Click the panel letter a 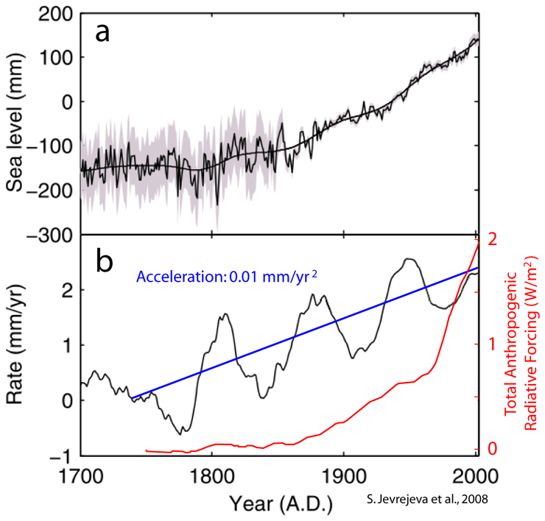[x=102, y=33]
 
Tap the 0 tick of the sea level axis [x=64, y=102]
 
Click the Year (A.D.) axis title [x=281, y=504]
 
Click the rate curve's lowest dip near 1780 [x=183, y=433]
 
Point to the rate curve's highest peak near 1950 [x=409, y=259]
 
